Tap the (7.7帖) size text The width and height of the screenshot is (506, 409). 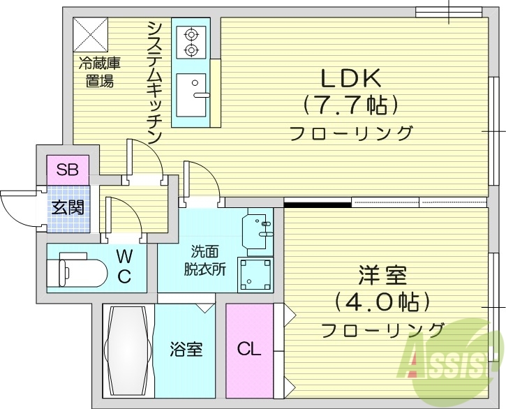[x=350, y=105]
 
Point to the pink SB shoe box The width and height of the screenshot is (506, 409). [x=68, y=169]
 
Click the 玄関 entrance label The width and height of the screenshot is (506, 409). [x=68, y=207]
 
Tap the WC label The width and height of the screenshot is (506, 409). [x=124, y=267]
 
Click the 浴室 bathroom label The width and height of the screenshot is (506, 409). [x=186, y=348]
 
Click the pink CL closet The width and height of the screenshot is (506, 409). [x=249, y=348]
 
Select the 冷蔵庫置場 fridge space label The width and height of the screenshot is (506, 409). [x=99, y=72]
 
